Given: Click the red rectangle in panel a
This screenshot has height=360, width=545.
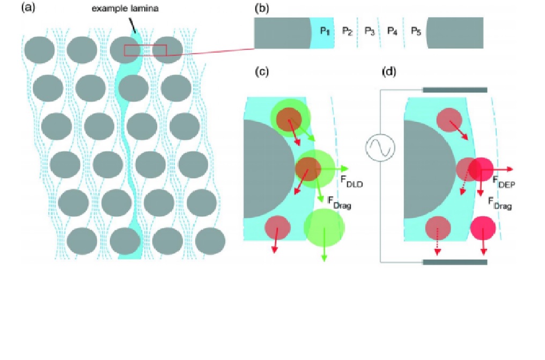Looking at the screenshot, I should (x=145, y=50).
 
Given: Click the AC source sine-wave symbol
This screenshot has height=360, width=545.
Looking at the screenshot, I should (x=380, y=147).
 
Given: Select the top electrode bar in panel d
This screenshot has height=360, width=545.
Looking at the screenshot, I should (x=455, y=90).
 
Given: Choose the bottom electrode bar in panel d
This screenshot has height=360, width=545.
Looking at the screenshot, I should (x=455, y=262).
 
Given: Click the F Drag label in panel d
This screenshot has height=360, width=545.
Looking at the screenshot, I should (x=499, y=203).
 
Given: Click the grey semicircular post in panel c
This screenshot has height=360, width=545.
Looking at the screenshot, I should (x=266, y=169).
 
